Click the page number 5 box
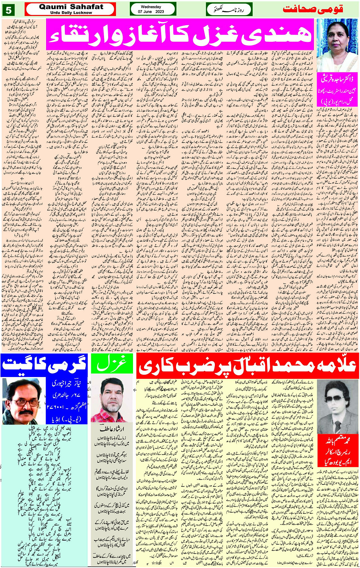tap(8, 10)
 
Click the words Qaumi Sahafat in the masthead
tap(71, 7)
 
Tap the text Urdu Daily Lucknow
tap(71, 13)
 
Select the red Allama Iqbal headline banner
tap(247, 365)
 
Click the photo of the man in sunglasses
tap(338, 404)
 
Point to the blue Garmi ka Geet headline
tap(45, 365)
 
